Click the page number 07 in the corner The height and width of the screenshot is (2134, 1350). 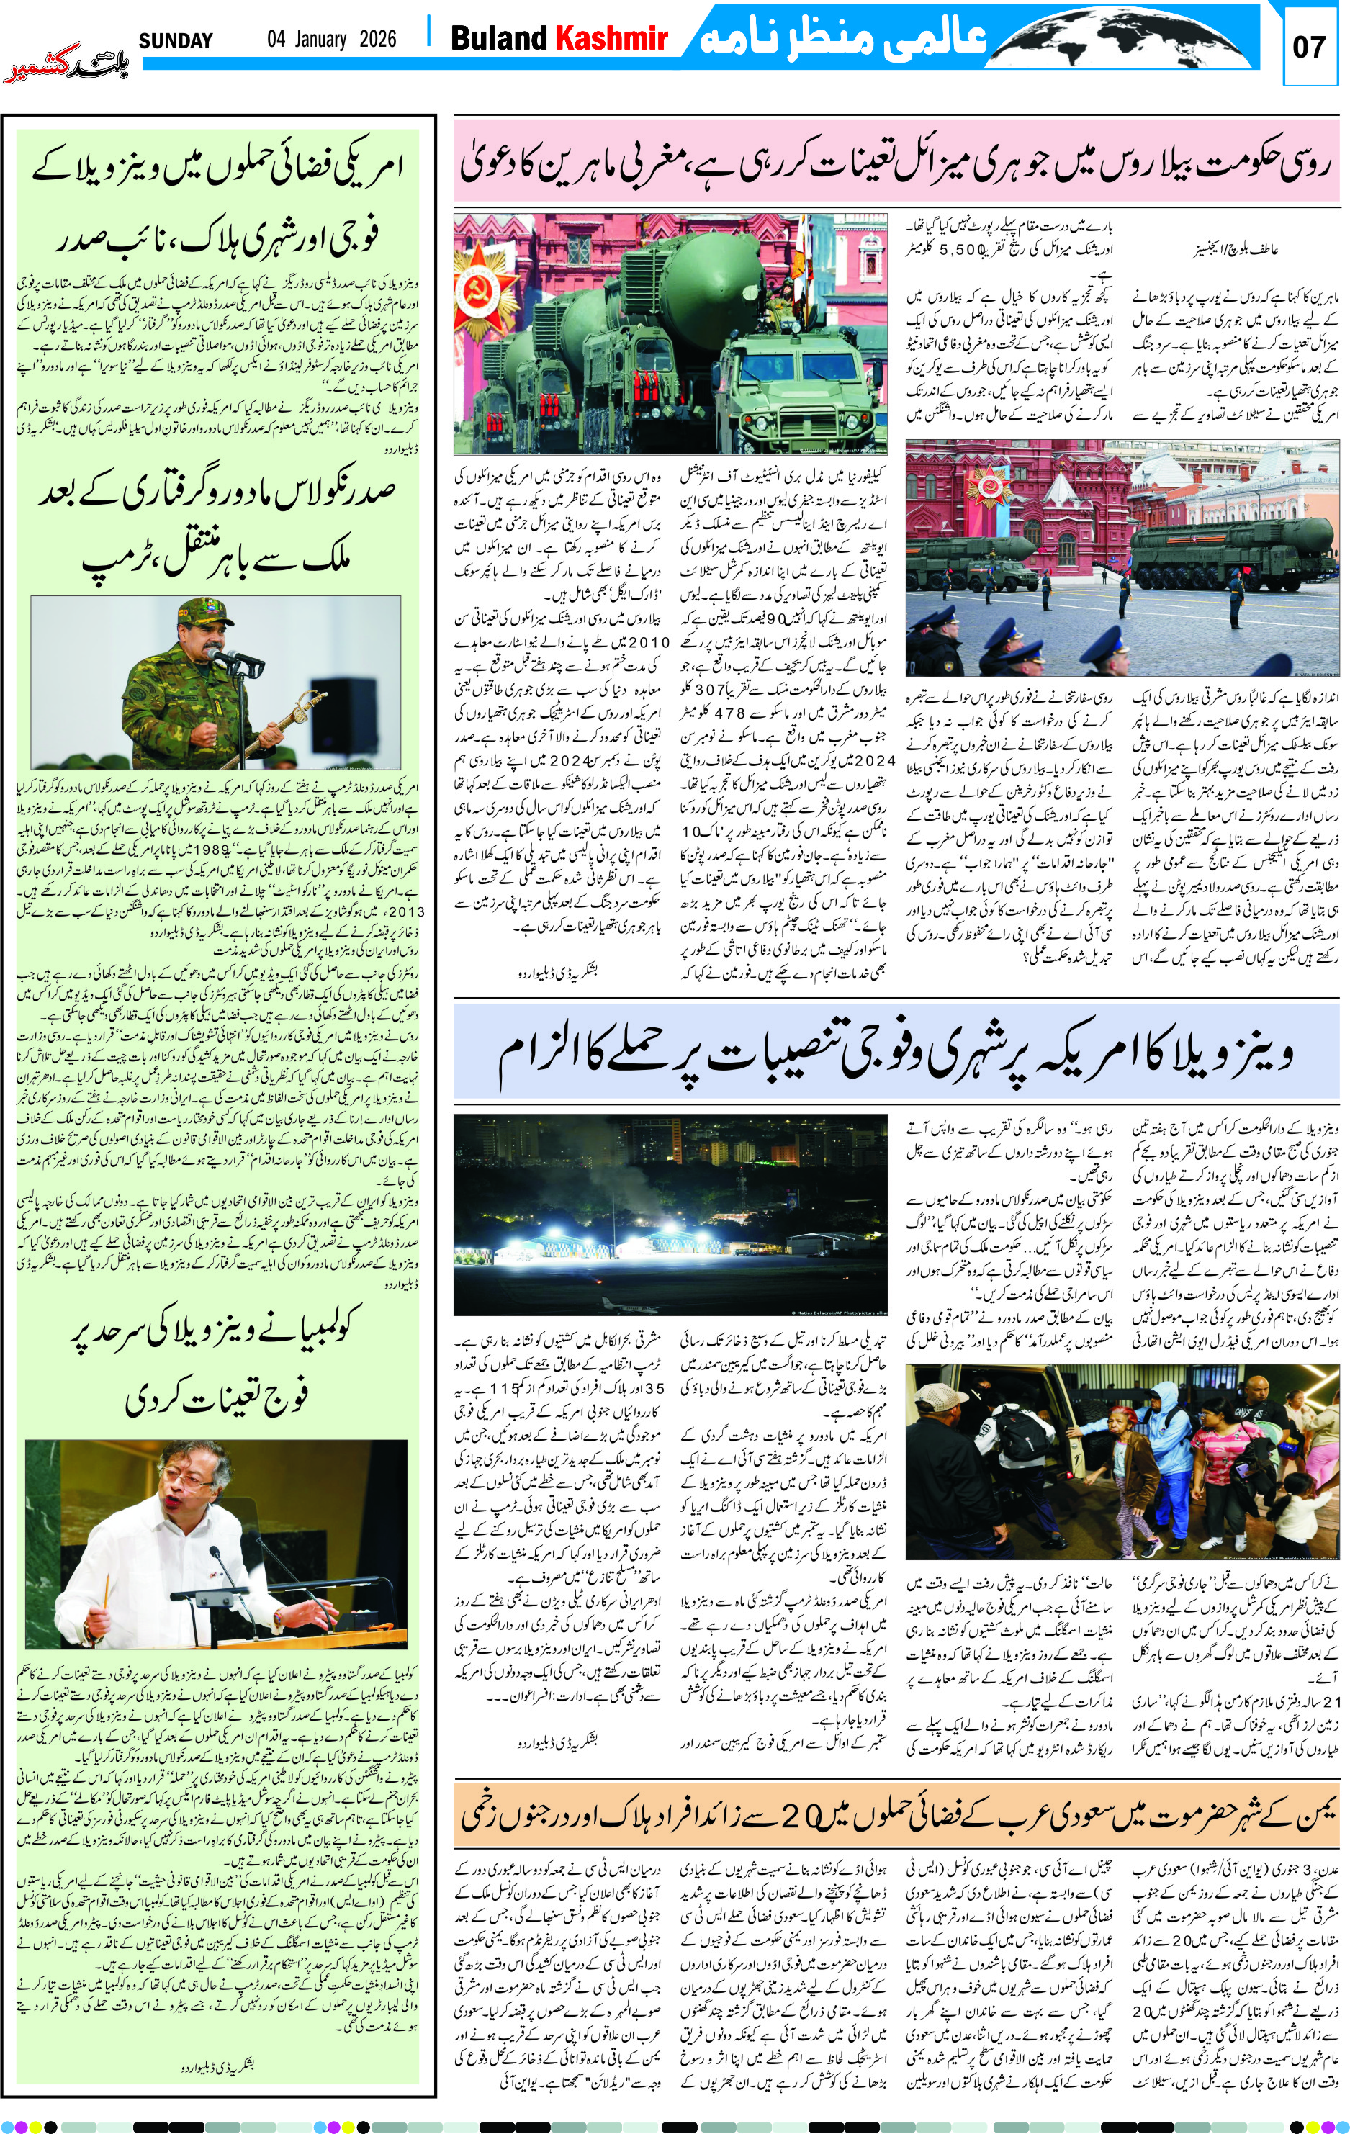(x=1308, y=47)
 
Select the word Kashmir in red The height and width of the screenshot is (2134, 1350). (x=611, y=38)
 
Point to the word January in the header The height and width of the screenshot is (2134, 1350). (x=317, y=39)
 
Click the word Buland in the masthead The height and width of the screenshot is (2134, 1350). (x=499, y=38)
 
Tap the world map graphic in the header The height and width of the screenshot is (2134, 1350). (x=1126, y=35)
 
